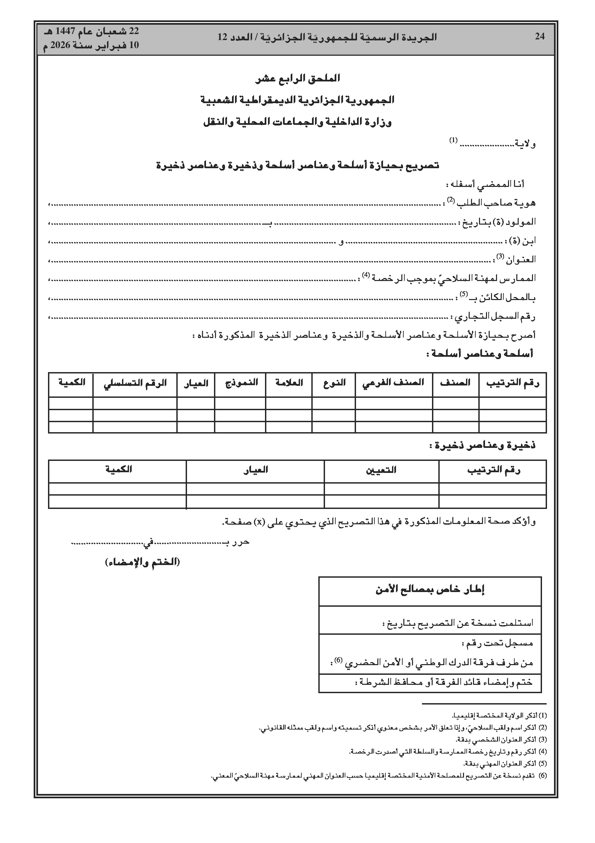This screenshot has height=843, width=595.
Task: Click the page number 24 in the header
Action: click(540, 36)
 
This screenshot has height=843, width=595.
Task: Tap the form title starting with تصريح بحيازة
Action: click(297, 166)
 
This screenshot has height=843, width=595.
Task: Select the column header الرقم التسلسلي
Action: click(135, 383)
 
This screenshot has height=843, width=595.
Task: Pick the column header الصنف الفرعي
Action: click(393, 383)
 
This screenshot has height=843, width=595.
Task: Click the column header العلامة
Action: click(289, 383)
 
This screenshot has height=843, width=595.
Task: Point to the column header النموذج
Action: click(241, 383)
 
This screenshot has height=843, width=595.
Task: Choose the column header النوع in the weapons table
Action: click(335, 383)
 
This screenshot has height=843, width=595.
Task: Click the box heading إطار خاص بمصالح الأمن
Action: click(430, 590)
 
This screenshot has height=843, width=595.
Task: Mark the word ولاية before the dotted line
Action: click(525, 144)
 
